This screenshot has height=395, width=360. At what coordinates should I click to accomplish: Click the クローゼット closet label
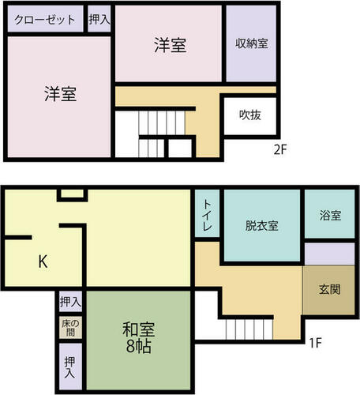(x=45, y=20)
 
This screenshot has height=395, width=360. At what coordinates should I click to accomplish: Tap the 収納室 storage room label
(x=252, y=43)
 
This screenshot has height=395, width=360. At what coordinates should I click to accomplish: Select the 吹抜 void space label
(x=250, y=115)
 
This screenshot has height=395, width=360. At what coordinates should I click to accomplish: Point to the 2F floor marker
(x=280, y=150)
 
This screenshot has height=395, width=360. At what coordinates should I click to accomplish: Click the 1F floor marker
(x=315, y=343)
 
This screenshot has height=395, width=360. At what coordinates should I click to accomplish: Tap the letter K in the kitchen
(x=43, y=261)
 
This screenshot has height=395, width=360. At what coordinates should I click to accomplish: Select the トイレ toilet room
(x=207, y=213)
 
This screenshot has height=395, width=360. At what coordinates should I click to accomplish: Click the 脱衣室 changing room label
(x=261, y=226)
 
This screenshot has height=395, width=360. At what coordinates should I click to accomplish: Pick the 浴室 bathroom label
(x=330, y=215)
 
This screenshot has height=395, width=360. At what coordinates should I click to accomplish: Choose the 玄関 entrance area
(x=329, y=290)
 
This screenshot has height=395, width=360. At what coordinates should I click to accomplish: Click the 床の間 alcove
(x=70, y=328)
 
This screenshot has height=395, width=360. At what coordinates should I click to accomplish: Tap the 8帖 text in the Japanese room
(x=139, y=346)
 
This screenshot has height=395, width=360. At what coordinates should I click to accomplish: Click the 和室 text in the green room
(x=138, y=329)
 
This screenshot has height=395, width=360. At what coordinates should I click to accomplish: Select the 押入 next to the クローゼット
(x=99, y=19)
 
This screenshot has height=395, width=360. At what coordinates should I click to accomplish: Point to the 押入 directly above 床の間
(x=70, y=301)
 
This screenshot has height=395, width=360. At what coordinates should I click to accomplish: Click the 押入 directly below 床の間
(x=69, y=367)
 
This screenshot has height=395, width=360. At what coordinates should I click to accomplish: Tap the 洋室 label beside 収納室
(x=171, y=45)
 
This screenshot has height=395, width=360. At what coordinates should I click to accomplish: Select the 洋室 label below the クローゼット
(x=61, y=94)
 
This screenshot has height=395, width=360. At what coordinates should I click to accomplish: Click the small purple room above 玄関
(x=329, y=254)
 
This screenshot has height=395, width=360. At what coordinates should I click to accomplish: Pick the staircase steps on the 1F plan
(x=249, y=329)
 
